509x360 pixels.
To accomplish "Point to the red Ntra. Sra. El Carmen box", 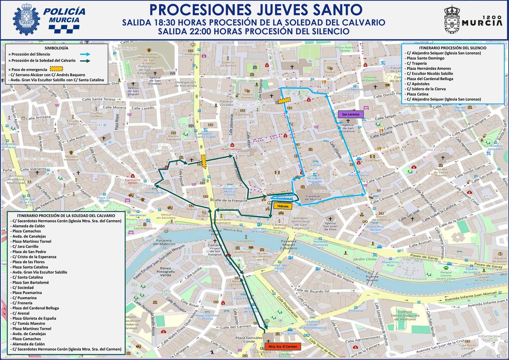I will pos(282,346).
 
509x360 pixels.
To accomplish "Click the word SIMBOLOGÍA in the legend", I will pos(56,48).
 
